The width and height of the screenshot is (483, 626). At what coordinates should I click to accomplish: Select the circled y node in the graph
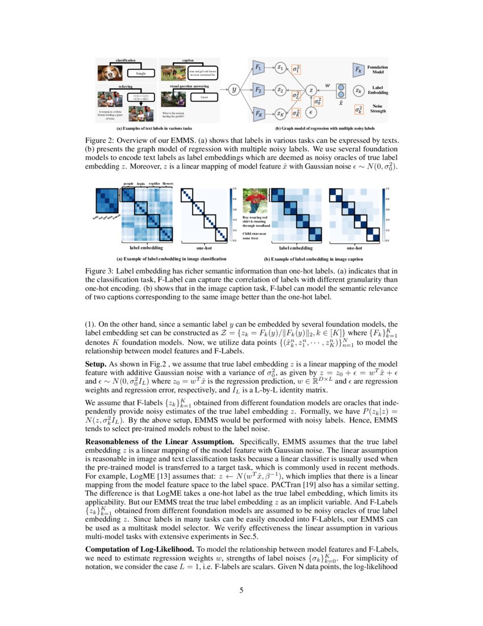pos(234,90)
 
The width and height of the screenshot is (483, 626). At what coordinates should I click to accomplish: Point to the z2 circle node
pos(280,90)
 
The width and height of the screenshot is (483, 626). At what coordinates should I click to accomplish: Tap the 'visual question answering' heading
pos(190,86)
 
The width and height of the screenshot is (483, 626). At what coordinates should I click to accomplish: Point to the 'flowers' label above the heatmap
pos(168,184)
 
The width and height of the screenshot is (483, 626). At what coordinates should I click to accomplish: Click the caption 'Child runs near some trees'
pos(253,236)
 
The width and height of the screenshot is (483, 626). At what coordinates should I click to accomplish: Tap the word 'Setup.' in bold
pos(96,363)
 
